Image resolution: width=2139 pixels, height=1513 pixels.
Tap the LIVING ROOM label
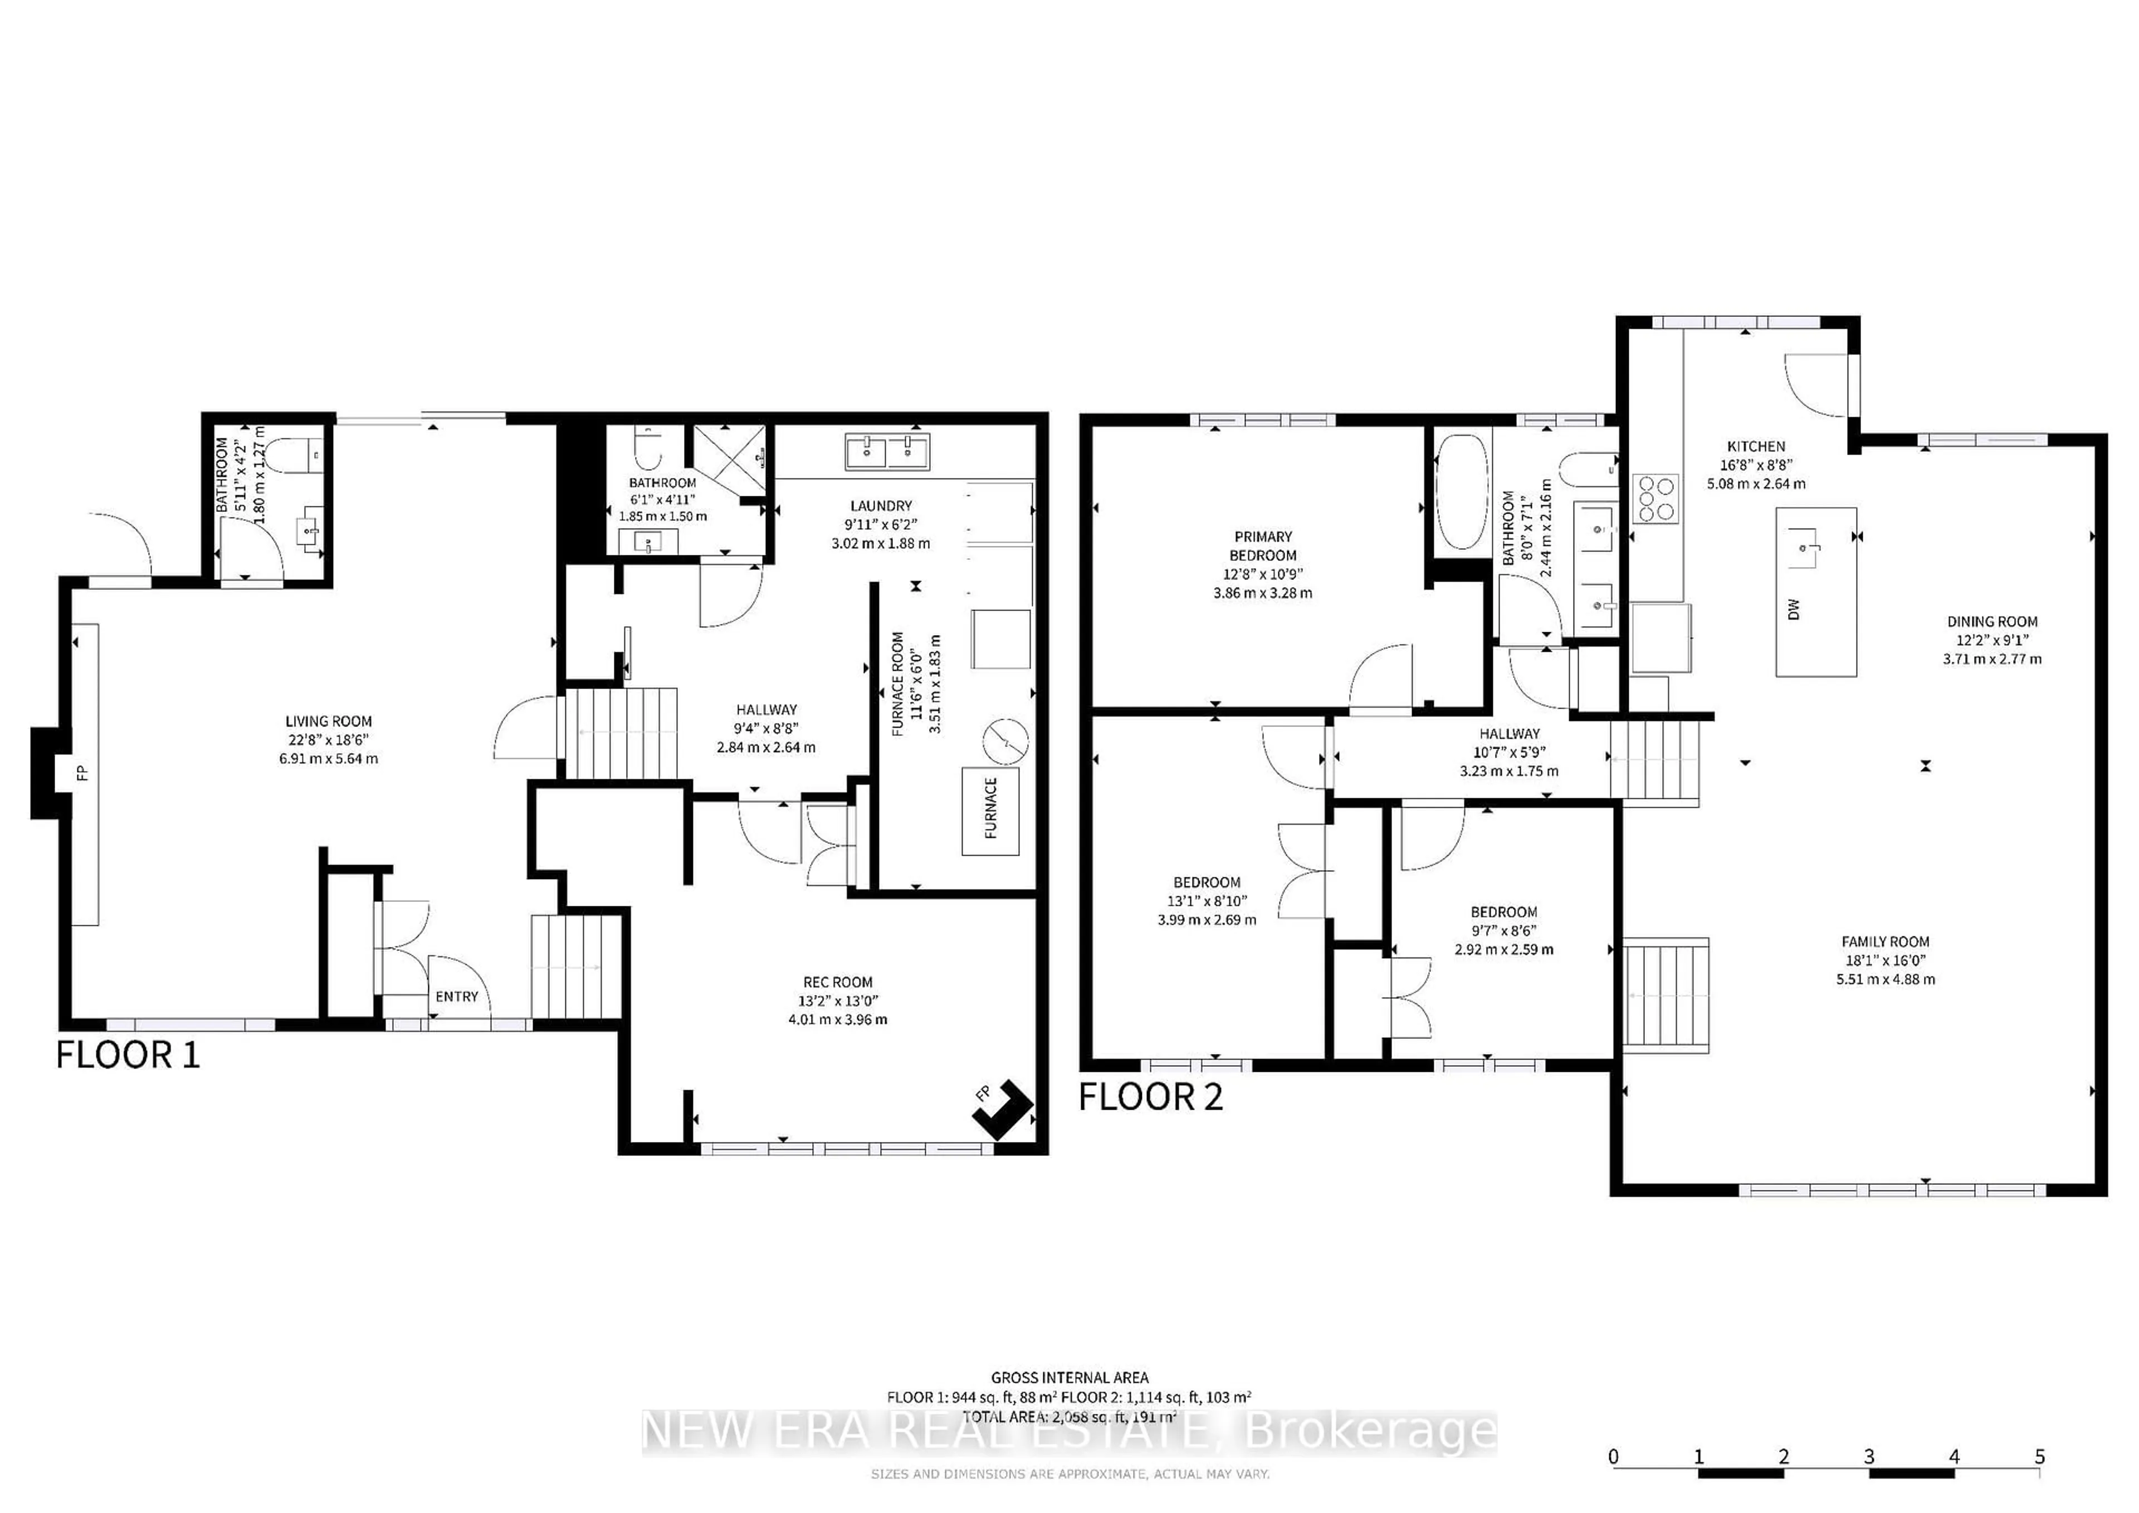coord(328,721)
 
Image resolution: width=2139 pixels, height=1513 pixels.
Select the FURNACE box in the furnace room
coord(990,811)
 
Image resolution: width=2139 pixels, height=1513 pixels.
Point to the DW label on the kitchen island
coord(1794,609)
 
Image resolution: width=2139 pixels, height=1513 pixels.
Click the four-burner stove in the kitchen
coord(1655,499)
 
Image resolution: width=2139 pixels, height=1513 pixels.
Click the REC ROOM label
coord(838,982)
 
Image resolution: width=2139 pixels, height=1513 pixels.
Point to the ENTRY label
coord(457,996)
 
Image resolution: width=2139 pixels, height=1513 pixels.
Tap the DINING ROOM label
coord(1992,622)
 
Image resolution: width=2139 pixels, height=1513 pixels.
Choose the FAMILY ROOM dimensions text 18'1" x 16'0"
coord(1884,960)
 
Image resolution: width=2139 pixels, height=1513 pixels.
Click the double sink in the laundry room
coord(887,452)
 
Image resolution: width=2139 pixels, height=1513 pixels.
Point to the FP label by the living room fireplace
coord(82,772)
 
